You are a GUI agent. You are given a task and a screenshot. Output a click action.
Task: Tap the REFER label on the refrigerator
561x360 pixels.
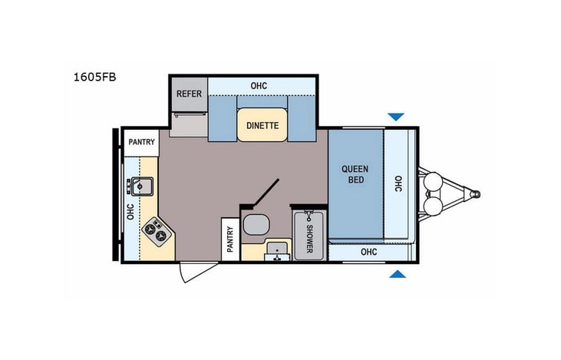point(189,94)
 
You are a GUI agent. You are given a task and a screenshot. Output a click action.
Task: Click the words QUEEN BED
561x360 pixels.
point(355,174)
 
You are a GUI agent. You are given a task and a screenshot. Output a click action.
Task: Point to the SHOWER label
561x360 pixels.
point(309,236)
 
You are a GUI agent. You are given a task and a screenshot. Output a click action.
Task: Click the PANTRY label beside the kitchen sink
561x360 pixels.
point(142,142)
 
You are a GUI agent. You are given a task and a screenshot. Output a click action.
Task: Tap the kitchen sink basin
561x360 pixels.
point(141,186)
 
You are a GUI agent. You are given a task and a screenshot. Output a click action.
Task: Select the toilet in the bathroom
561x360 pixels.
point(256,226)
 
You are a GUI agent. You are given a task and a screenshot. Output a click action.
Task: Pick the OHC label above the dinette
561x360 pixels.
point(259,85)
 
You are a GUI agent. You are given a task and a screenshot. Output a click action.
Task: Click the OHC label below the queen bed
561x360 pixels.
point(369,251)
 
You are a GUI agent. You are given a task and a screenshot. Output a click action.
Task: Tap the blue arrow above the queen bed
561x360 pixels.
point(395,117)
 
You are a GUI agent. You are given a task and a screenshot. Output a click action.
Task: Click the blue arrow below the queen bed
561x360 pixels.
point(395,273)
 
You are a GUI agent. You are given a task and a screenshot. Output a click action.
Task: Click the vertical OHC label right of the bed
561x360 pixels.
point(398,184)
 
